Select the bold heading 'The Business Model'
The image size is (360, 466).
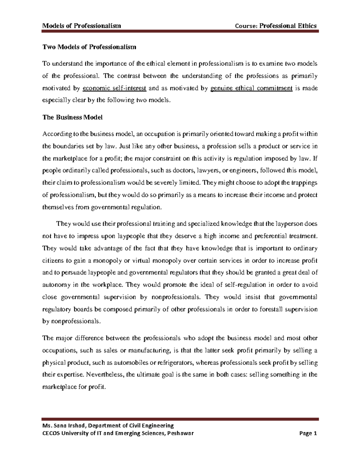click(x=73, y=117)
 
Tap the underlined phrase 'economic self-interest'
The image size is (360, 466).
click(x=114, y=88)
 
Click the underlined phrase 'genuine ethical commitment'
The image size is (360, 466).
click(x=252, y=88)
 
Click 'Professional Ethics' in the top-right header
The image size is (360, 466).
click(x=288, y=26)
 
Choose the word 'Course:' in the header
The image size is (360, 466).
click(x=247, y=26)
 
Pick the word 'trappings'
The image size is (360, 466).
click(x=304, y=183)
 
